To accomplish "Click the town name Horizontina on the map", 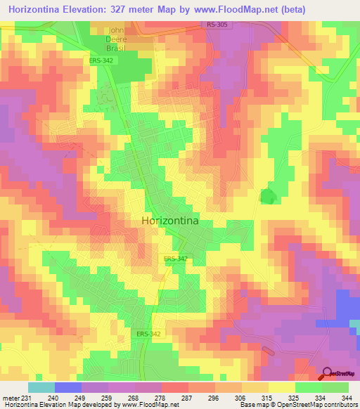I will (x=169, y=220).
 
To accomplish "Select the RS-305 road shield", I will (x=218, y=25).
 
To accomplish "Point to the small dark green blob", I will (x=268, y=197).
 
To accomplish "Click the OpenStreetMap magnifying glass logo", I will (x=327, y=373).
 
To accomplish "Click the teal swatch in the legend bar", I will (x=41, y=387).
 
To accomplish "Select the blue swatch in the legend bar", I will (x=67, y=387).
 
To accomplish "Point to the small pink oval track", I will (x=268, y=351).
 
